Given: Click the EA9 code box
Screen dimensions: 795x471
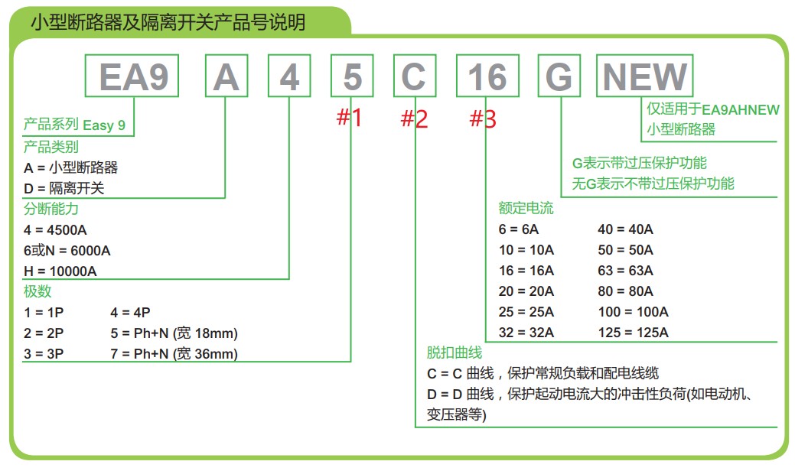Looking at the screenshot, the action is tap(132, 76).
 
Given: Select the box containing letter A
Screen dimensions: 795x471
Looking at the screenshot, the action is tap(226, 76).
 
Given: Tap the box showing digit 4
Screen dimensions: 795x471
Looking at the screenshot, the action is tap(289, 76).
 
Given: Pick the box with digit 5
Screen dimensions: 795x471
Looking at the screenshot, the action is tap(353, 76).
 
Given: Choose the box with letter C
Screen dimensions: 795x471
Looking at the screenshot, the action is tap(415, 76).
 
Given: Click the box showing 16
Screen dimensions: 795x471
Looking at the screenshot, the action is tap(487, 76).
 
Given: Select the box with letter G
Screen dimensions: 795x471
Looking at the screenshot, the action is tap(559, 76).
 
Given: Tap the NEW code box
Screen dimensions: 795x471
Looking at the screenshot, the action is tap(645, 76).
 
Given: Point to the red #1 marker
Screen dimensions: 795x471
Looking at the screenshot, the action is tap(350, 118).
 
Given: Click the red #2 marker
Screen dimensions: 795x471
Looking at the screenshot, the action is tap(414, 119).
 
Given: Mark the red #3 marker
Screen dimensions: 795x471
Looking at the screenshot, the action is tap(483, 119).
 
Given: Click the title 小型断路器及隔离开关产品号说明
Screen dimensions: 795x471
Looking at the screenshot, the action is tap(168, 22).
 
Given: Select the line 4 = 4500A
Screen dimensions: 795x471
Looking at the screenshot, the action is tap(55, 230).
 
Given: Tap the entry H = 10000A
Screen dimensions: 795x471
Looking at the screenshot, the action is tap(60, 271).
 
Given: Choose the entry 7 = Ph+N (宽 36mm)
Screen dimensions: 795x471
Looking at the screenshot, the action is tap(174, 353).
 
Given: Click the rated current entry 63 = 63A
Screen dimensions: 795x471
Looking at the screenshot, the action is tap(626, 271).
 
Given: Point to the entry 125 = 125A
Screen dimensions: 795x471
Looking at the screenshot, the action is tap(634, 333).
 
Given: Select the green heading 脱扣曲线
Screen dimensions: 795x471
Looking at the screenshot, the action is tap(455, 352).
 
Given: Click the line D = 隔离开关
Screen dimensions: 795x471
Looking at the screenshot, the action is tap(64, 188).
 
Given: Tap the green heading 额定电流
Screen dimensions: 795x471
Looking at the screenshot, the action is tap(526, 208).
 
